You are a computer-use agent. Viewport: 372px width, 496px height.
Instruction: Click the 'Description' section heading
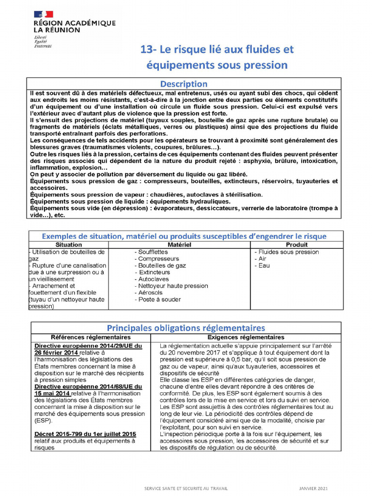[184, 84]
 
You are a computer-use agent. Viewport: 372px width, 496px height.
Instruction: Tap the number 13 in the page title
[146, 50]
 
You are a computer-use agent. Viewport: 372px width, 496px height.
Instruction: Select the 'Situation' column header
[69, 245]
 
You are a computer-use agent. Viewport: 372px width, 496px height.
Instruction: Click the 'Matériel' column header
[180, 245]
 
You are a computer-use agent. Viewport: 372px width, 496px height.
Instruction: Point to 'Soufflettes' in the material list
[153, 252]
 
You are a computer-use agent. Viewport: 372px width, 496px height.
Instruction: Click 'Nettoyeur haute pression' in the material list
[173, 286]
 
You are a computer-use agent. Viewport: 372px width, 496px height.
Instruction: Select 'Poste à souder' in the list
[159, 299]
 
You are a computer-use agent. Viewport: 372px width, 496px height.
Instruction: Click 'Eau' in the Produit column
[264, 265]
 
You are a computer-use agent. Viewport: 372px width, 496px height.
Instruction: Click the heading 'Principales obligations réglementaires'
[186, 328]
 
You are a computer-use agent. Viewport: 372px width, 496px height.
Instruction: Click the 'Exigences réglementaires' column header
[246, 337]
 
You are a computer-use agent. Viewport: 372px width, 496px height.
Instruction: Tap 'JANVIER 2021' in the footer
[313, 488]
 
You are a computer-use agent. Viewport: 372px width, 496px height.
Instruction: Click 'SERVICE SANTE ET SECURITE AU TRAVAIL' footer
[186, 488]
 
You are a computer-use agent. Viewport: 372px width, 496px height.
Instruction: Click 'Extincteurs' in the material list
[155, 272]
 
